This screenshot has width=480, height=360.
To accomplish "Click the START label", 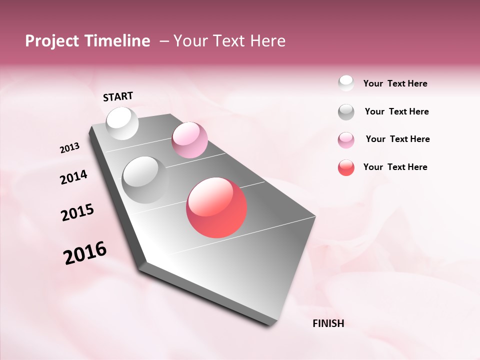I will click(118, 96).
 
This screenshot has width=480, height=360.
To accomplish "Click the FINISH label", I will click(328, 323).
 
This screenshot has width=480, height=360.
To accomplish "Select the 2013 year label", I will click(69, 148).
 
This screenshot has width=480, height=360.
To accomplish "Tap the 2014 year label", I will click(73, 177).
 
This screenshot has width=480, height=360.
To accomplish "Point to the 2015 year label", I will click(77, 212).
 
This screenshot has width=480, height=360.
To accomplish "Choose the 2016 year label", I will click(85, 253).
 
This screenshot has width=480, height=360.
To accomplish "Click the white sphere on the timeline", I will click(122, 123).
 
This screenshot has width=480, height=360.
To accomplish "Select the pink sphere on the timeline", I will click(189, 140).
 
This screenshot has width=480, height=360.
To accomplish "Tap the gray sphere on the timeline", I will click(145, 179).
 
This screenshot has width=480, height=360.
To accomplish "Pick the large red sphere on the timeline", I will click(216, 207).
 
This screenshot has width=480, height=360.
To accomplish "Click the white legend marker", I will click(346, 83).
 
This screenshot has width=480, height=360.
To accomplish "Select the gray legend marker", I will click(346, 112).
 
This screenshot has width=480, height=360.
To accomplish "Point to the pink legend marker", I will click(346, 139).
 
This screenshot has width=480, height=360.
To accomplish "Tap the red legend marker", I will click(346, 167).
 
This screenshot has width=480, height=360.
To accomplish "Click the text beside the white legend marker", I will click(395, 84).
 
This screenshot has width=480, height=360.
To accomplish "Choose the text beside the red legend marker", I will click(395, 167).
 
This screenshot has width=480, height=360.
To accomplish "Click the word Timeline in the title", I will click(115, 41).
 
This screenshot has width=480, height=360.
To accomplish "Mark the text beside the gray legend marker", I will click(396, 111).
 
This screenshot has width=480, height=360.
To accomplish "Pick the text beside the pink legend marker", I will click(397, 139).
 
